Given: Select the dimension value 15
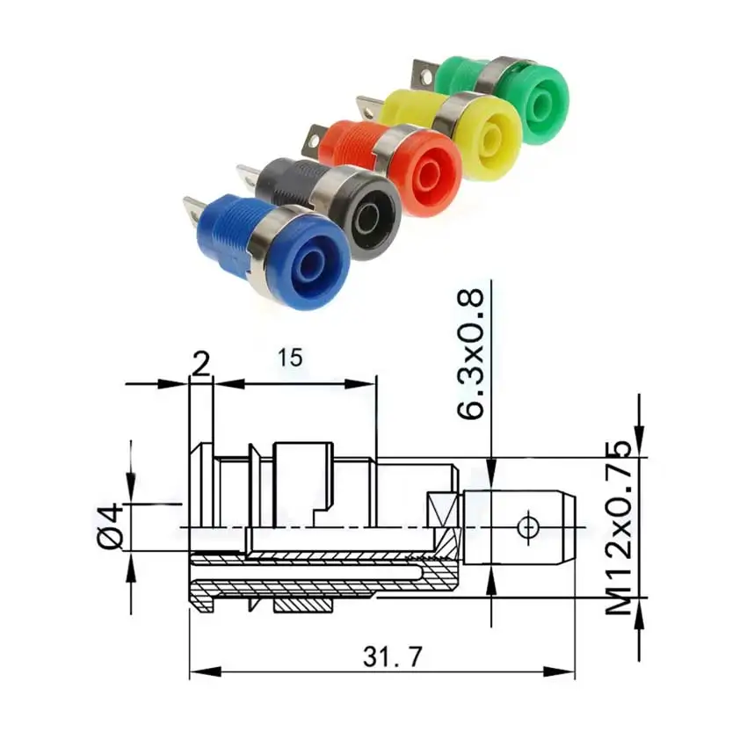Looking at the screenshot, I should pyautogui.click(x=291, y=358).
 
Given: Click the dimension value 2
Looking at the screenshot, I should pyautogui.click(x=201, y=363).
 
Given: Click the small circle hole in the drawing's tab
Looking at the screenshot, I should pyautogui.click(x=528, y=527).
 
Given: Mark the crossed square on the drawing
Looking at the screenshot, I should pyautogui.click(x=443, y=510).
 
